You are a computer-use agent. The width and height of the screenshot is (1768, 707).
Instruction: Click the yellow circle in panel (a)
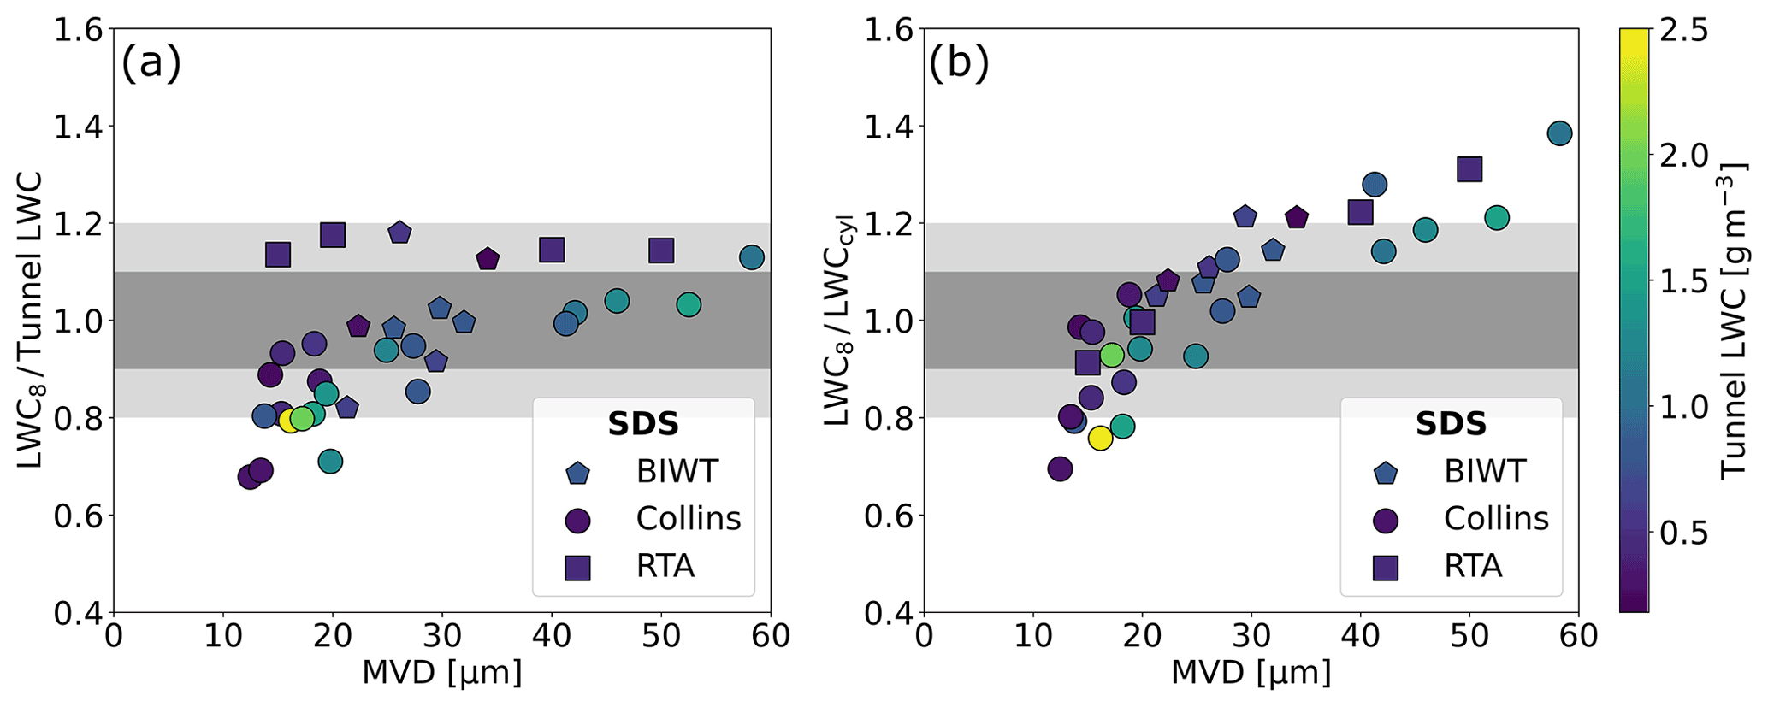click(290, 421)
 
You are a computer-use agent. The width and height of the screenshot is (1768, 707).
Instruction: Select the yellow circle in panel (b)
click(1100, 439)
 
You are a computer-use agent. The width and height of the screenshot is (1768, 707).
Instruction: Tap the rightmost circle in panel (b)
click(1559, 133)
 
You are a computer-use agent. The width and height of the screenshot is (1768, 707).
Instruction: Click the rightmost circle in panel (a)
click(751, 257)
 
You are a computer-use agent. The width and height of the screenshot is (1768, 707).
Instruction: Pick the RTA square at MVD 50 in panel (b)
click(1469, 169)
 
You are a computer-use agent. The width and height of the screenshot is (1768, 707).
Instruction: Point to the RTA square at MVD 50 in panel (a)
click(661, 250)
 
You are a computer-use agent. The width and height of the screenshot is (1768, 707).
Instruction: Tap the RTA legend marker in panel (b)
click(1386, 567)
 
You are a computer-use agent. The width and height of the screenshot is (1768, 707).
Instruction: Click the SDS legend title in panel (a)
click(643, 424)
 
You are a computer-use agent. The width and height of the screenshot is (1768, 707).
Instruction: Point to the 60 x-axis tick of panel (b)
click(1578, 637)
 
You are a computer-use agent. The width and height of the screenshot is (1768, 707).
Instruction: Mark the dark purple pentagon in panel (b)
click(1297, 218)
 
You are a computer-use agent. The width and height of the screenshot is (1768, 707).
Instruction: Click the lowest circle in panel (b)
click(1060, 468)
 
